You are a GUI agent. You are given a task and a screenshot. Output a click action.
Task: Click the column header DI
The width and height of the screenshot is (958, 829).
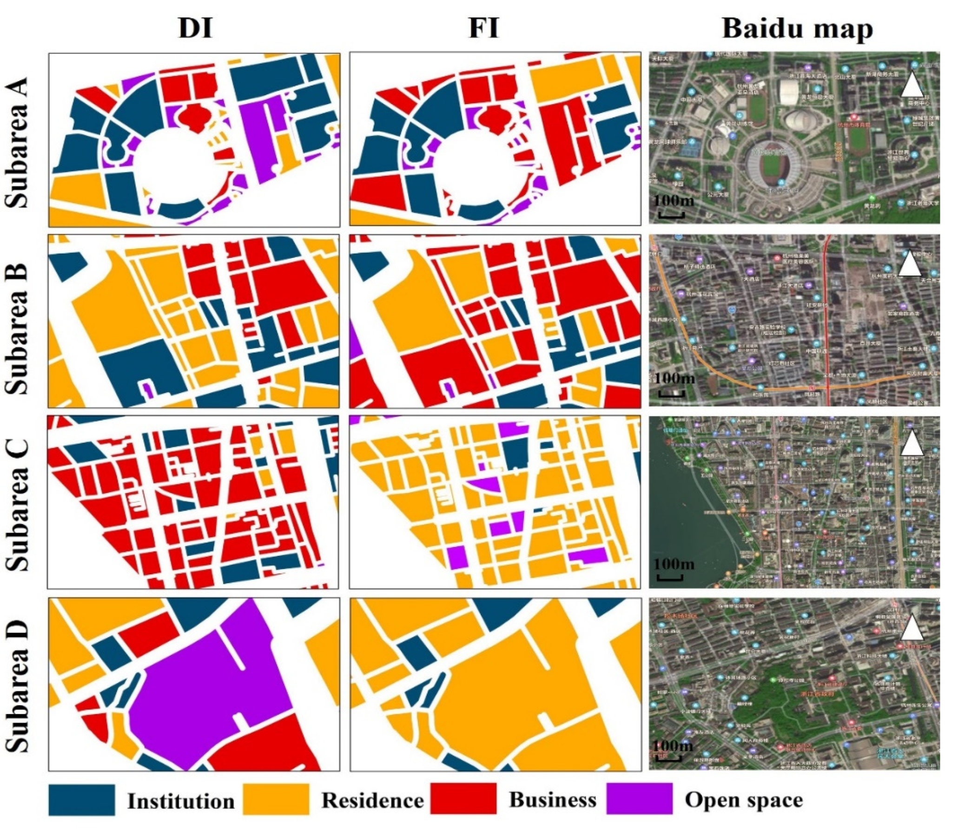click(195, 29)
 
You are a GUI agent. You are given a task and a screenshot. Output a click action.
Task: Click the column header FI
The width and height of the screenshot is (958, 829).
click(483, 29)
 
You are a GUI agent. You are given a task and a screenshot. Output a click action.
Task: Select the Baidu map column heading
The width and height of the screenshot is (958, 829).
click(797, 29)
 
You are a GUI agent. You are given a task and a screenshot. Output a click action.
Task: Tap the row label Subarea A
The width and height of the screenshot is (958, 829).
click(18, 142)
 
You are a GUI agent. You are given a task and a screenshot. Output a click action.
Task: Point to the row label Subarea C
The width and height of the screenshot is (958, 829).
click(18, 504)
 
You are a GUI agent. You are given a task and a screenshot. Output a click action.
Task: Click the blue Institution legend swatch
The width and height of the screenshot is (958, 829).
click(81, 800)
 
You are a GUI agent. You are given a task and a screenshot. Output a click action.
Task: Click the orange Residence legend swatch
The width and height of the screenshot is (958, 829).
click(276, 800)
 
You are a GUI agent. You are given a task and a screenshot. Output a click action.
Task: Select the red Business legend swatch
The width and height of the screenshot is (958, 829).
click(463, 799)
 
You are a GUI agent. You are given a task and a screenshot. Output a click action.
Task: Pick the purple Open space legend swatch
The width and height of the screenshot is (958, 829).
click(639, 799)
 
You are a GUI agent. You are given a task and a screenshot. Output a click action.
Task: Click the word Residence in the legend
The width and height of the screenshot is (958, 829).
click(372, 800)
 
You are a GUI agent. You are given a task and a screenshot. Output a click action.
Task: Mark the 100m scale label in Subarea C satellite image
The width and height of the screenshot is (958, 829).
click(674, 564)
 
